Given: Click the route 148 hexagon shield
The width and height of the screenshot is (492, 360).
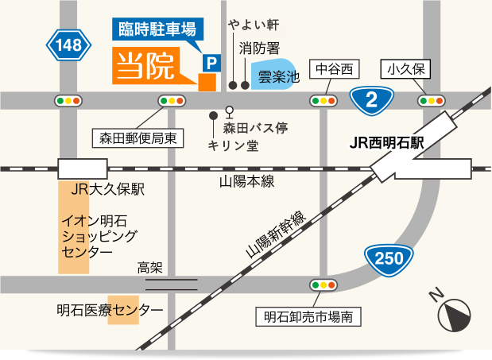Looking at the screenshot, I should click(x=69, y=45).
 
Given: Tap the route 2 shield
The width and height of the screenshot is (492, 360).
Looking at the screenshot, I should click(x=370, y=99).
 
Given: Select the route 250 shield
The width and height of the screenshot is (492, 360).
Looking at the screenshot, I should click(x=389, y=257).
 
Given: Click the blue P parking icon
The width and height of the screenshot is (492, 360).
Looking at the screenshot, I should click(x=211, y=61).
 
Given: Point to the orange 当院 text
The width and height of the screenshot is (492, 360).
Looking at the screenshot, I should click(x=146, y=68).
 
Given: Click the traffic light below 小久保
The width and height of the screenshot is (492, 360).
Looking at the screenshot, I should click(x=430, y=100).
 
